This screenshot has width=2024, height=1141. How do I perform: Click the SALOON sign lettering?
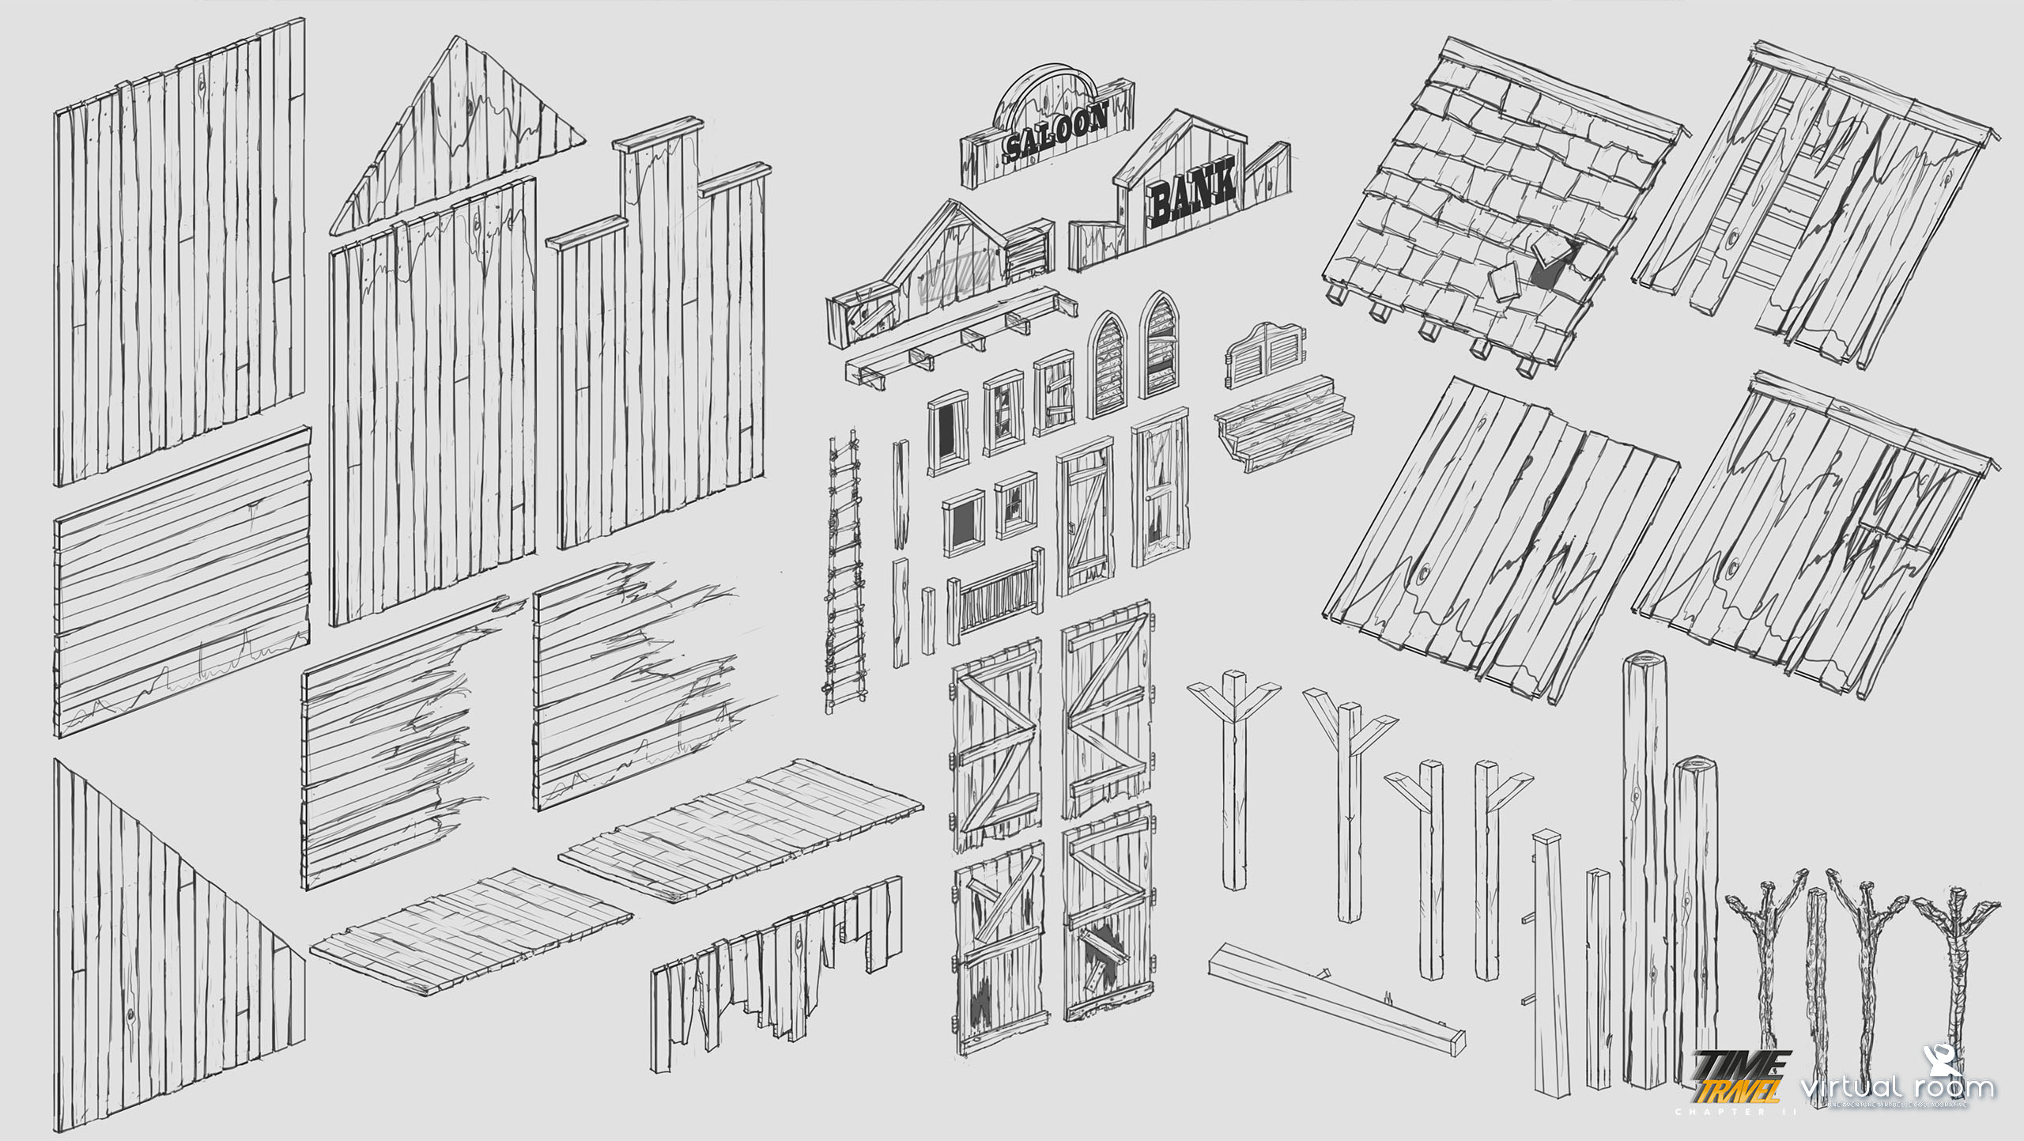pyautogui.click(x=1055, y=134)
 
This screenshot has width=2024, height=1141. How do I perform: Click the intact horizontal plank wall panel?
pyautogui.click(x=182, y=581)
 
